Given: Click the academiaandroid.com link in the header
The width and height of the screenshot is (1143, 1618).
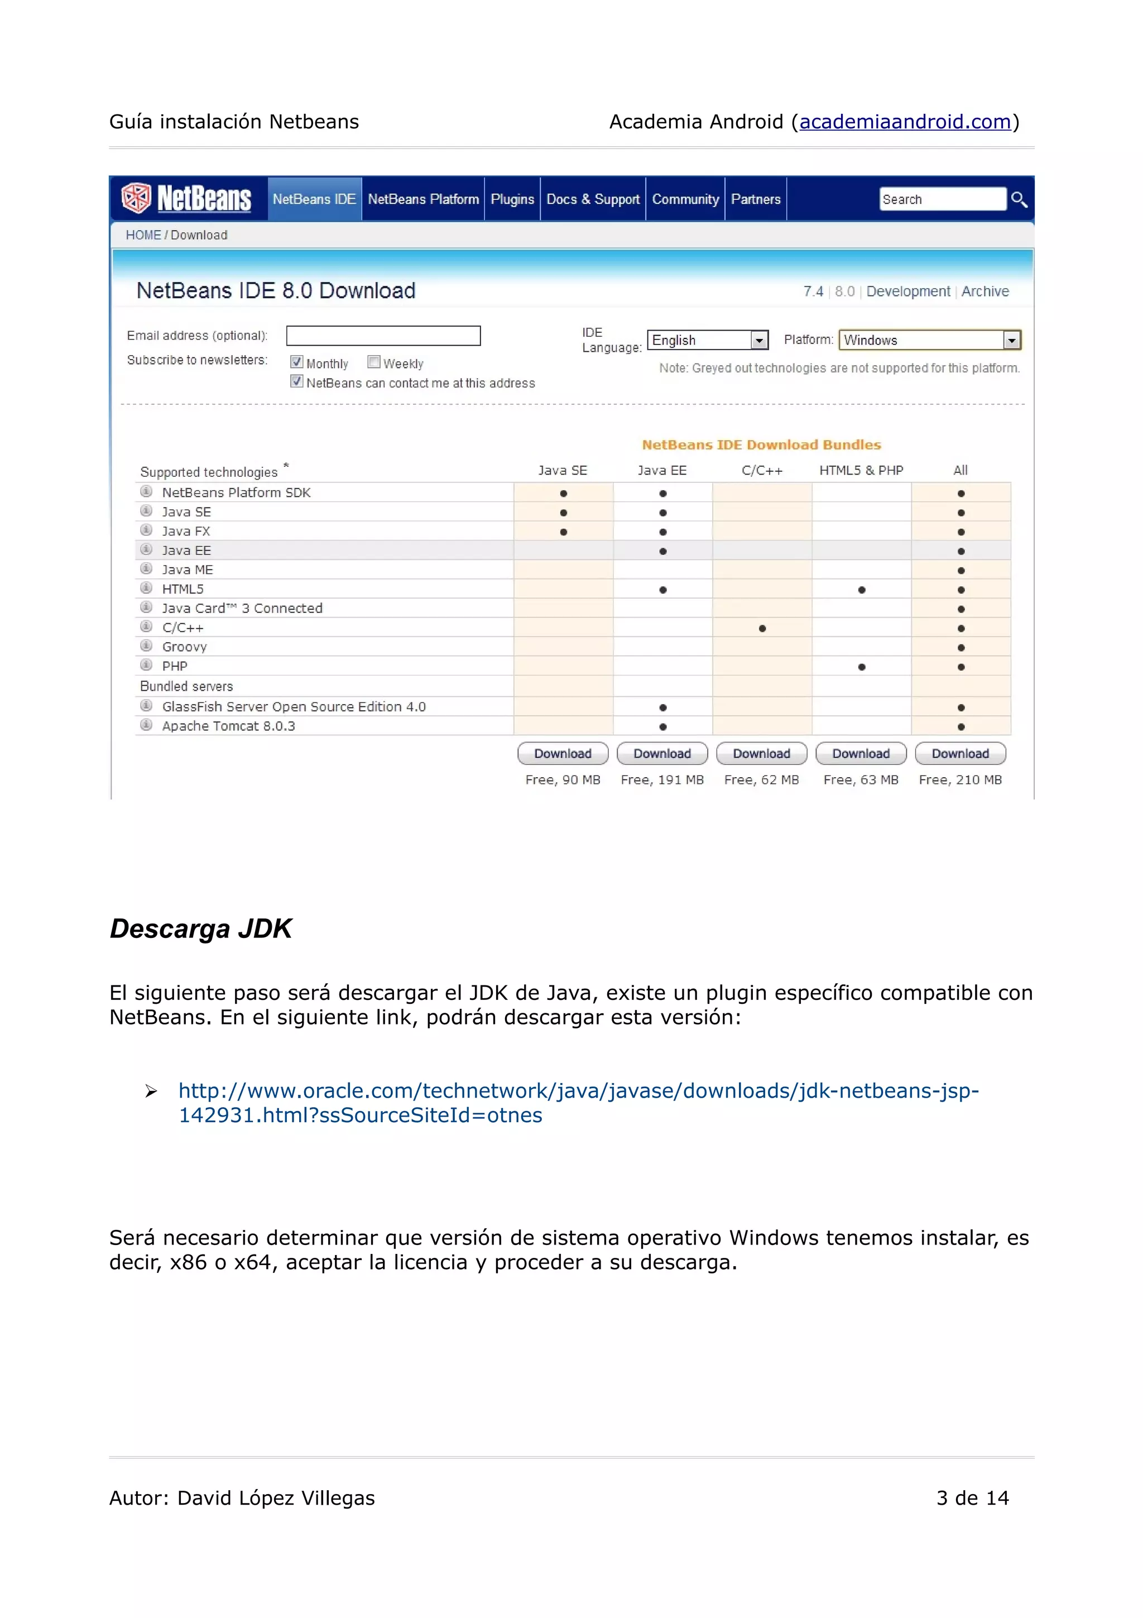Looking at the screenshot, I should [x=905, y=122].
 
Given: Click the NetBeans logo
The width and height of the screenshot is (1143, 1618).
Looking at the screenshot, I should [x=186, y=199].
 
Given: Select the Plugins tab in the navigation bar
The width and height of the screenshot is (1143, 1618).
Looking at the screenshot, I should [x=512, y=199].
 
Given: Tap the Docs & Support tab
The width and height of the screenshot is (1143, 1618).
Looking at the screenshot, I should [x=592, y=199].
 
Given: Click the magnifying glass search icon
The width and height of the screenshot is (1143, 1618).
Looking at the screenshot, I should [x=1019, y=199].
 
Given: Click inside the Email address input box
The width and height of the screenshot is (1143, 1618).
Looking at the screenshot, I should [x=383, y=336].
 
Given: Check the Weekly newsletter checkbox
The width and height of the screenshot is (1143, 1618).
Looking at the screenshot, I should [x=374, y=362].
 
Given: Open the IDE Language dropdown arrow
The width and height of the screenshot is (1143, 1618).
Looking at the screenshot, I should [x=758, y=341].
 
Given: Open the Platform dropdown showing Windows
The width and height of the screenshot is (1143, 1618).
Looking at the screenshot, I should [x=1011, y=341].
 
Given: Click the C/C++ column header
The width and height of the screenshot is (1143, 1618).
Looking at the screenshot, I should [x=761, y=471].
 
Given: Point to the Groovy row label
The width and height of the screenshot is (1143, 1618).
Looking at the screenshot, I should [x=185, y=647].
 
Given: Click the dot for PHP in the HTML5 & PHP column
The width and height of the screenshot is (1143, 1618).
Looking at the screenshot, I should [x=861, y=667].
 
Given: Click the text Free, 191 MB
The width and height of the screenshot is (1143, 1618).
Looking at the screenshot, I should [x=662, y=780].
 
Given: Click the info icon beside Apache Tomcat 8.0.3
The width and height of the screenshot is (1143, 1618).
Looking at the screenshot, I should [x=146, y=725].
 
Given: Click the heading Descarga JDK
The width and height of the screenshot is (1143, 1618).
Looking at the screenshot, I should [x=201, y=929].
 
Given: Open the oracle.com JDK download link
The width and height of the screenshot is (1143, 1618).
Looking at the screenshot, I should [x=578, y=1091].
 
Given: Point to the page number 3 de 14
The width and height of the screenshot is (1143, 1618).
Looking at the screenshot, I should [x=972, y=1497].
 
